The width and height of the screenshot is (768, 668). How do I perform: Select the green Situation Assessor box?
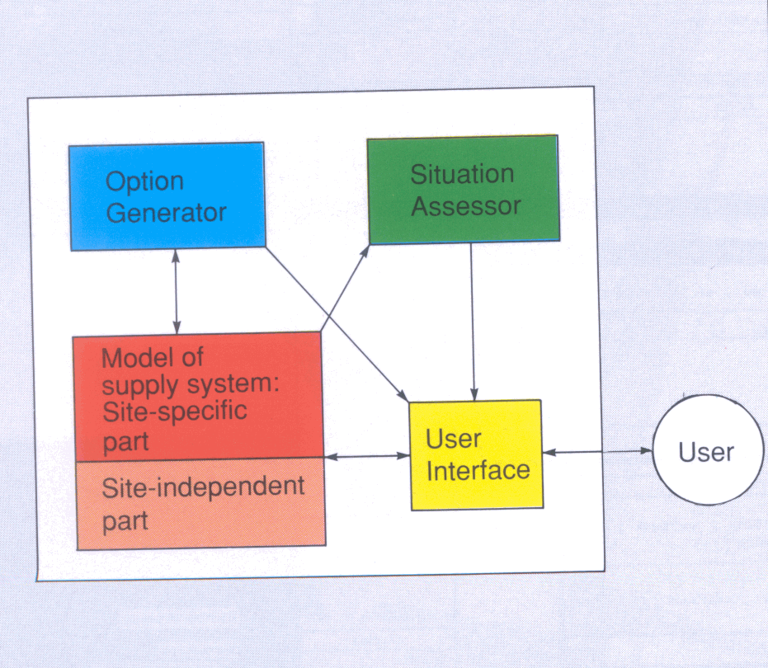463,190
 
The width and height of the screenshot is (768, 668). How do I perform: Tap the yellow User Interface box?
476,454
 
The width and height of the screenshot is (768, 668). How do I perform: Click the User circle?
705,452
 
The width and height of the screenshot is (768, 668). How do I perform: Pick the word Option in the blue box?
145,181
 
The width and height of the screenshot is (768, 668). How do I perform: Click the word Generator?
167,212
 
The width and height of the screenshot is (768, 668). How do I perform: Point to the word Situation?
462,175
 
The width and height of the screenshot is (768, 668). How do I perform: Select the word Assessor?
466,205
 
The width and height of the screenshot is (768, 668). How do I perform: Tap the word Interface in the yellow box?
478,470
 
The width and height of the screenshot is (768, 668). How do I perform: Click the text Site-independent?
203,487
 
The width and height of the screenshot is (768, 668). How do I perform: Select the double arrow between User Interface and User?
597,452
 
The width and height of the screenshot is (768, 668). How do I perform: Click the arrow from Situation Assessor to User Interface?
472,322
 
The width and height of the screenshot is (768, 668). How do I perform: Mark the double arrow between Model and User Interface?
367,456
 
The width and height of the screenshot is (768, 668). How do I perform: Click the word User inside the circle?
705,452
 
